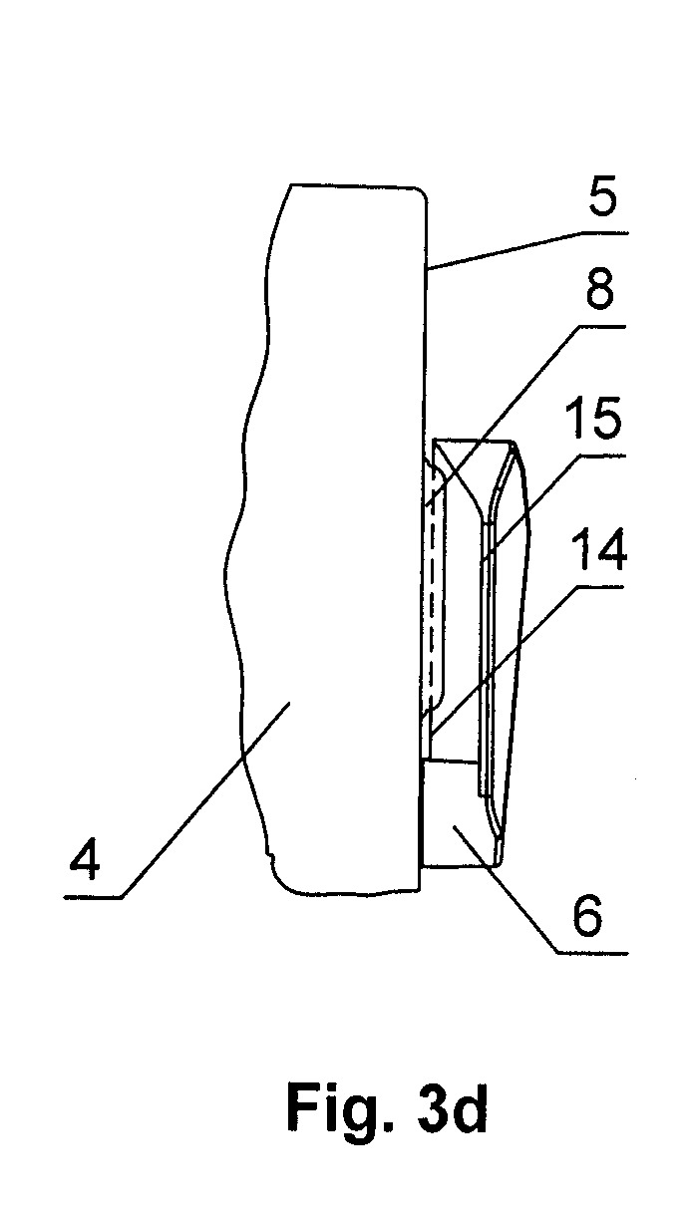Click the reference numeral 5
click(602, 194)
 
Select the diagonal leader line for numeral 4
click(203, 801)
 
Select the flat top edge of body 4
click(353, 185)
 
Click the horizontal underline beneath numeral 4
click(92, 898)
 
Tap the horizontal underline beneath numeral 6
click(592, 954)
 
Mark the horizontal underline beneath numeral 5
click(604, 233)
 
